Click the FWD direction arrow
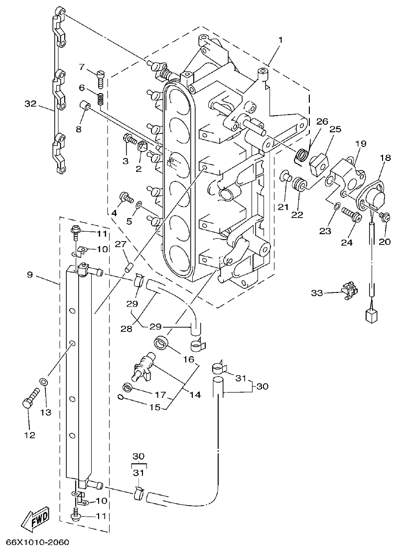pyautogui.click(x=35, y=521)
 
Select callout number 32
pyautogui.click(x=31, y=104)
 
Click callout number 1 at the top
pyautogui.click(x=280, y=40)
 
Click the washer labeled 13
pyautogui.click(x=44, y=382)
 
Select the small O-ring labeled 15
pyautogui.click(x=121, y=397)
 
